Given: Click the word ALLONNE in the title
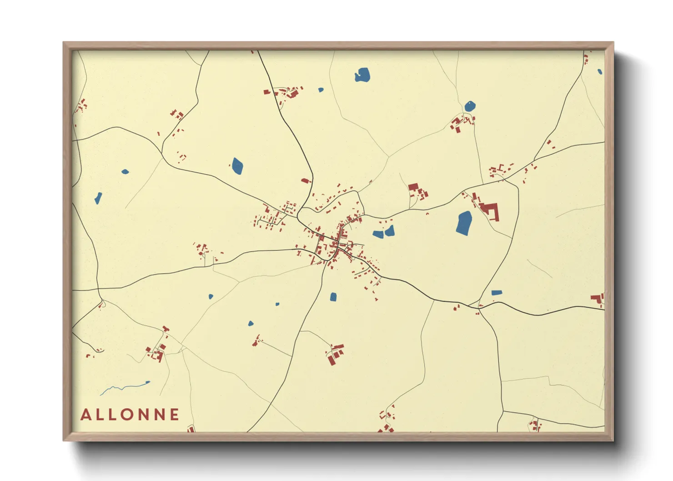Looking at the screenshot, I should pyautogui.click(x=130, y=415).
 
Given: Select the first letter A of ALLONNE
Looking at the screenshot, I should pyautogui.click(x=85, y=415).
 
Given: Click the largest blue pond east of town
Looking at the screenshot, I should pyautogui.click(x=464, y=223).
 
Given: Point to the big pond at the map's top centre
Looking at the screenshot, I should pyautogui.click(x=362, y=75).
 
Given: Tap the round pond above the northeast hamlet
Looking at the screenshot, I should pyautogui.click(x=470, y=106).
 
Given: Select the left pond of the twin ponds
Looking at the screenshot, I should pyautogui.click(x=378, y=234).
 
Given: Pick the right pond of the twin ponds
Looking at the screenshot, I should pyautogui.click(x=390, y=231).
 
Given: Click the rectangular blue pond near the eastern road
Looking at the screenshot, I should pyautogui.click(x=497, y=293).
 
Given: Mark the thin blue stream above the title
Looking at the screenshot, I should pyautogui.click(x=125, y=387).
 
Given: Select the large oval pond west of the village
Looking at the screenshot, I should pyautogui.click(x=237, y=166).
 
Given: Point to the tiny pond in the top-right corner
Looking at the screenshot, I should pyautogui.click(x=600, y=71).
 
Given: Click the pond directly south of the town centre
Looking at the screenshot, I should pyautogui.click(x=333, y=297).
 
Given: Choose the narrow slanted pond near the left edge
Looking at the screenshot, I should pyautogui.click(x=98, y=198).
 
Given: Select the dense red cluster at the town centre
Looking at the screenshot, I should pyautogui.click(x=336, y=246).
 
